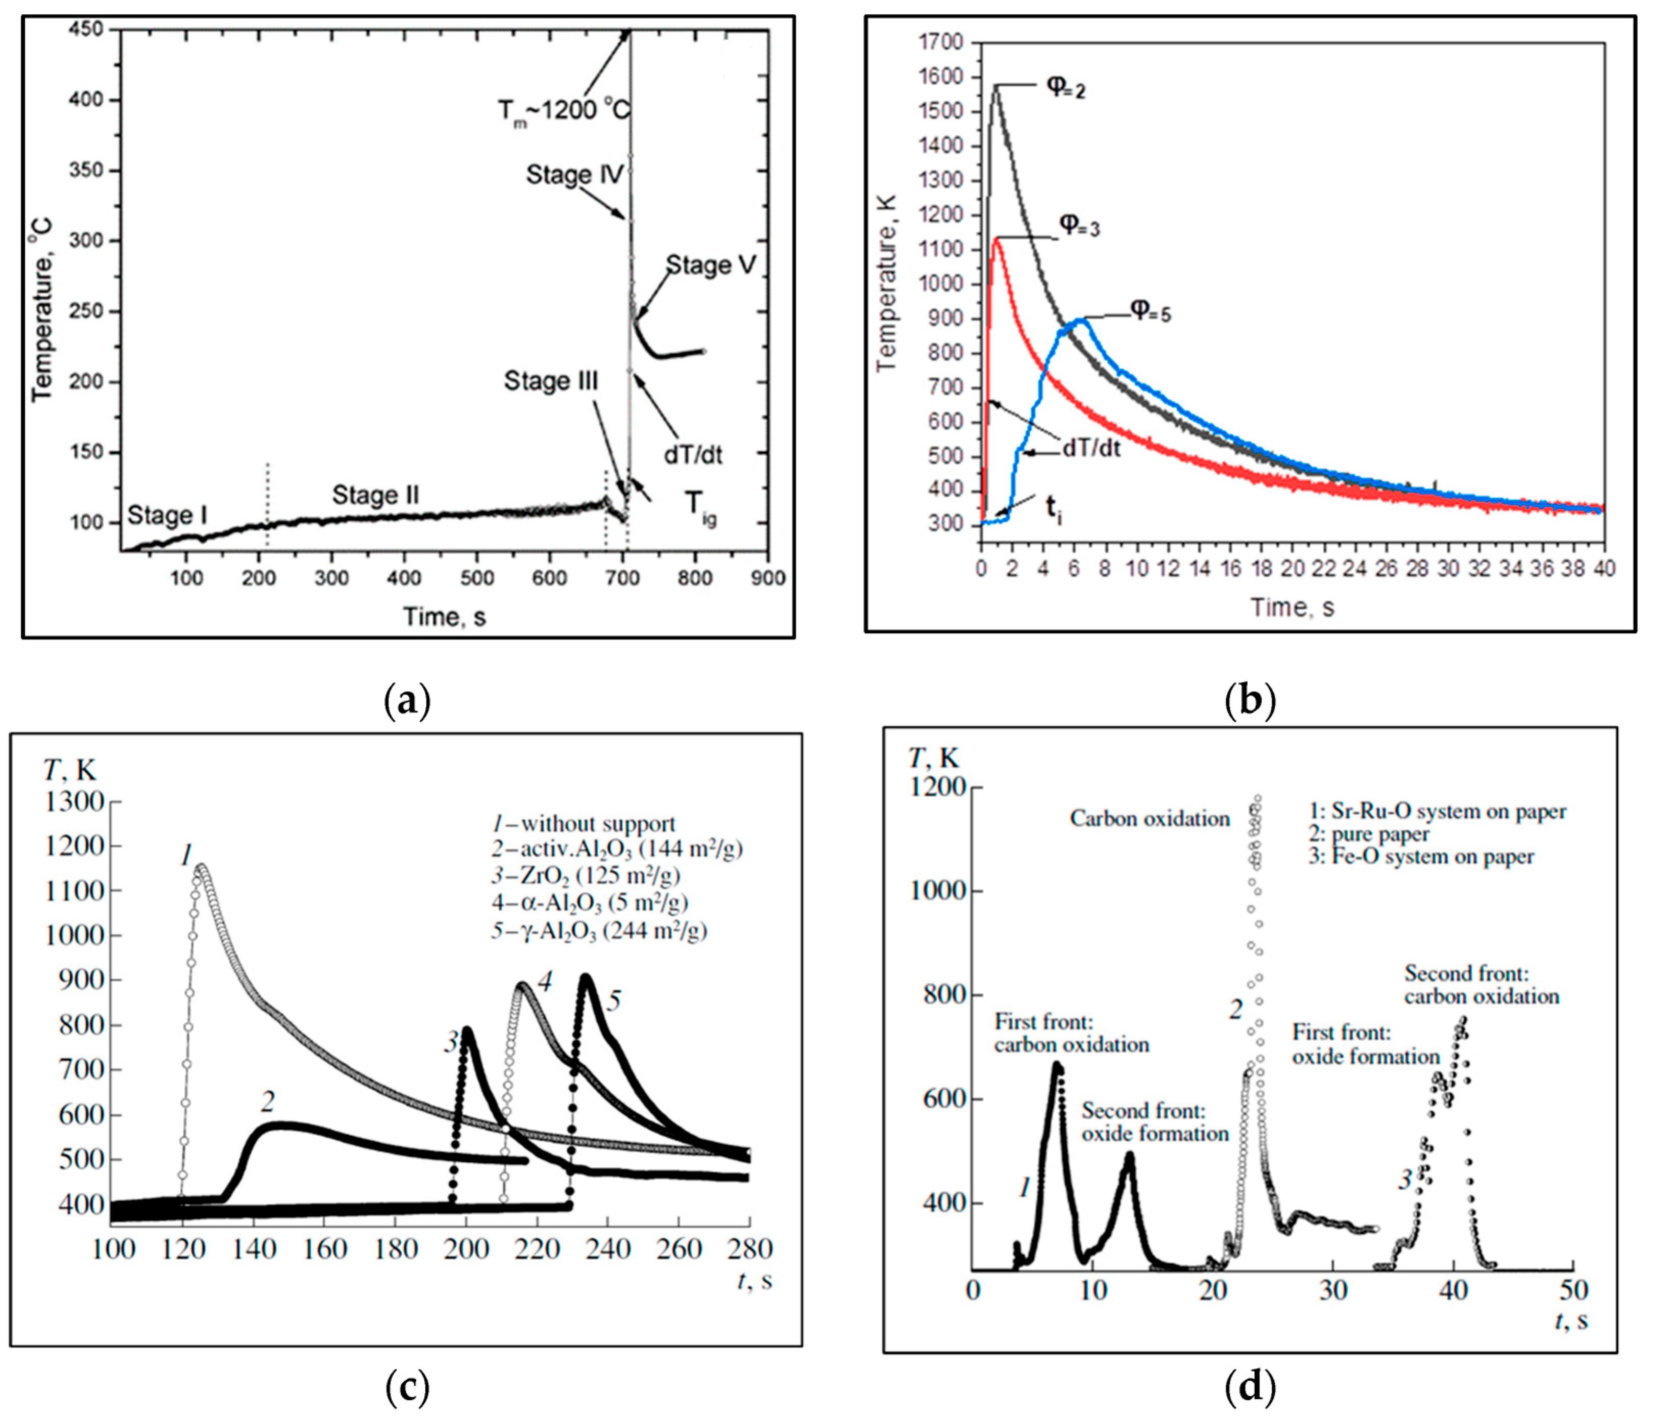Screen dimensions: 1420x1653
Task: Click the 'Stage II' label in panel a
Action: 375,496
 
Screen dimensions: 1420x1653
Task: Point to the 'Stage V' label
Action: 710,265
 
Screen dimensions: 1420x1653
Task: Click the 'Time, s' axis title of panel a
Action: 444,617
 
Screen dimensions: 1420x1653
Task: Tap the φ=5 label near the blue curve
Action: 1150,311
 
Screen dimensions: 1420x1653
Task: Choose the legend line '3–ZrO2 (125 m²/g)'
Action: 585,876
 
